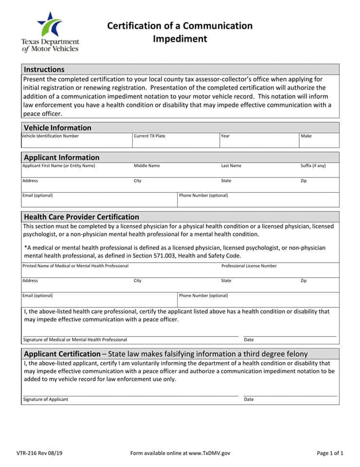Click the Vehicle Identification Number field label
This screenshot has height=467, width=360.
[50, 136]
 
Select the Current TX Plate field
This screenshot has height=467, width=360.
[175, 142]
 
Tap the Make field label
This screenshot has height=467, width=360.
[306, 136]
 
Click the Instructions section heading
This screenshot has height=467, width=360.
[44, 70]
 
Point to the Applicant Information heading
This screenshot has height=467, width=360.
[61, 158]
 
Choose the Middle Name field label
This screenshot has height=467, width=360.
[146, 166]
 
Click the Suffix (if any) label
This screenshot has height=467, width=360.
[313, 166]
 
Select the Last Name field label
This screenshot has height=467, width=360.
[231, 166]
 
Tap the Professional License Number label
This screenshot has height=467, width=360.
[249, 266]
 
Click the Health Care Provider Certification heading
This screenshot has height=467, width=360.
[81, 217]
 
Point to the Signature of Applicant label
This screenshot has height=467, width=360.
[45, 399]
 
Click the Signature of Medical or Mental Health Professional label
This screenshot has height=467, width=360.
[75, 340]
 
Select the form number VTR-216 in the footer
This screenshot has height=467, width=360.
[35, 453]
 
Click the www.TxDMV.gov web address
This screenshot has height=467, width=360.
[209, 453]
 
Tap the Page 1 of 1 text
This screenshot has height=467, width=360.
[330, 453]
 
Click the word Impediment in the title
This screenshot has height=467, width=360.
[180, 39]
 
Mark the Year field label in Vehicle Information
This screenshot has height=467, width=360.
[225, 136]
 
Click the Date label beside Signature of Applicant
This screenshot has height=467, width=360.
[249, 399]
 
